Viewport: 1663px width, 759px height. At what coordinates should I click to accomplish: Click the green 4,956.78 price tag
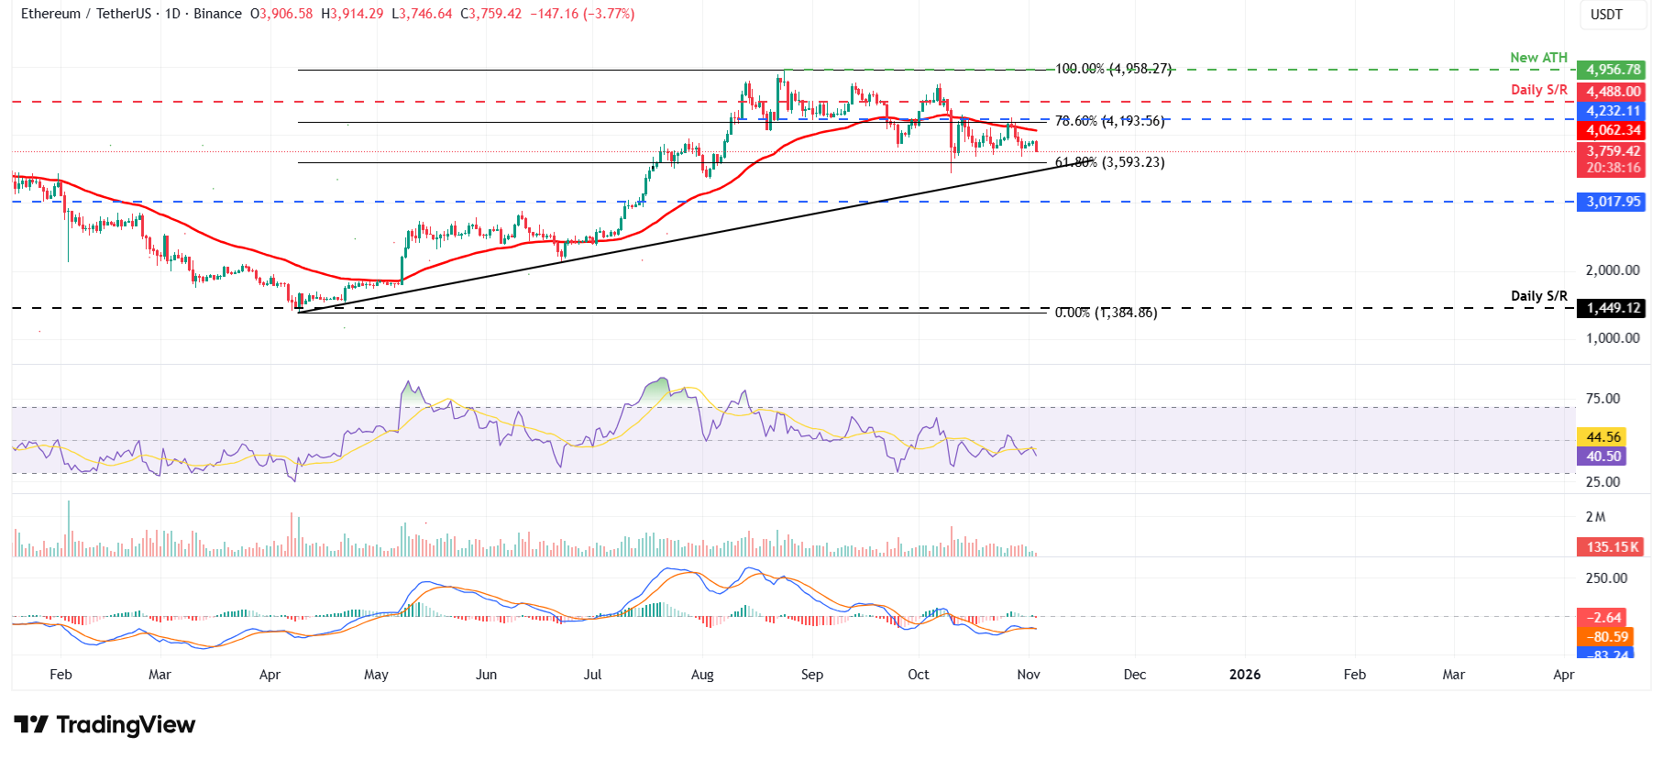1612,70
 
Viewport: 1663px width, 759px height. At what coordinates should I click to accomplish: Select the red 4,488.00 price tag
1612,91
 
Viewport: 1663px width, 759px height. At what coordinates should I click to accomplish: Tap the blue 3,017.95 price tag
1612,202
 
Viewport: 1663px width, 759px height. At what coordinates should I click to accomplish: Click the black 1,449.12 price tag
1612,308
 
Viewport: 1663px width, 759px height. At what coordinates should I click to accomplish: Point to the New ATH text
1538,58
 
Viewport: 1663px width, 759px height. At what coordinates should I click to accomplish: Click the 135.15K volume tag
1612,547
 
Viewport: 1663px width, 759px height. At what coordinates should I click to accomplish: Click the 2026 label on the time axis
1244,675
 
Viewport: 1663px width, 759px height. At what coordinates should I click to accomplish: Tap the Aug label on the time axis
702,675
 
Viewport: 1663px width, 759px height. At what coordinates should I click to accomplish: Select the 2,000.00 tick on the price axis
1612,270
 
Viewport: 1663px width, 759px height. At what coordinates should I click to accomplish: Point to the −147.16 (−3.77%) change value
582,14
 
